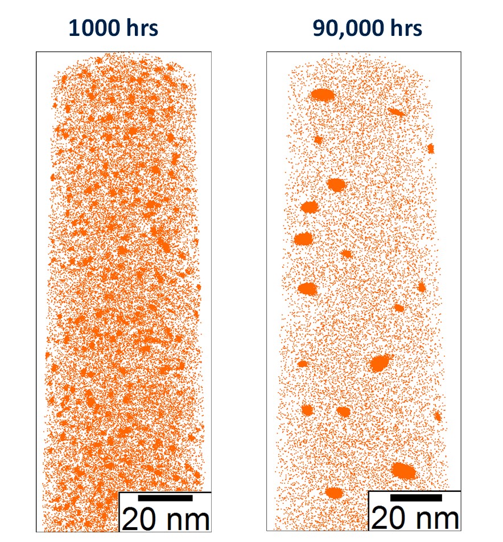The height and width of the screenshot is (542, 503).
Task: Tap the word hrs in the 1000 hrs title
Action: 140,27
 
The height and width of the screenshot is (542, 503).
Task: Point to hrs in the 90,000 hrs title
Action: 404,27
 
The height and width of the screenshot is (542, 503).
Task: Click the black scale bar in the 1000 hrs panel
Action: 165,498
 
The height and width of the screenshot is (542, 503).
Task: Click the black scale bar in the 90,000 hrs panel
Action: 416,498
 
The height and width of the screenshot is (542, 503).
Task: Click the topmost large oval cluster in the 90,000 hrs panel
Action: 322,95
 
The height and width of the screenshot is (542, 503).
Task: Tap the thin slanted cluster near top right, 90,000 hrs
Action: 397,112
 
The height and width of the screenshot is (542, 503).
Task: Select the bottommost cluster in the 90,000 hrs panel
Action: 334,492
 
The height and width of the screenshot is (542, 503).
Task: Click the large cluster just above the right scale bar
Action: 403,471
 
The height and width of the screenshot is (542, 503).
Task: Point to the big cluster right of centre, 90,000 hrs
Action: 380,362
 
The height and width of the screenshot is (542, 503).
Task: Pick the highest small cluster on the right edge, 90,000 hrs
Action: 431,149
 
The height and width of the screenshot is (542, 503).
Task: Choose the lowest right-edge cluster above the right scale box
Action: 438,416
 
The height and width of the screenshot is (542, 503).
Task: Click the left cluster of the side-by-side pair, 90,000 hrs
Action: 307,410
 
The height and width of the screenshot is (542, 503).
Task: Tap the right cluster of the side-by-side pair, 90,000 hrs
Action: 343,411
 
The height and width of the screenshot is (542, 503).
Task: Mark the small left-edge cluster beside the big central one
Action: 302,364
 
